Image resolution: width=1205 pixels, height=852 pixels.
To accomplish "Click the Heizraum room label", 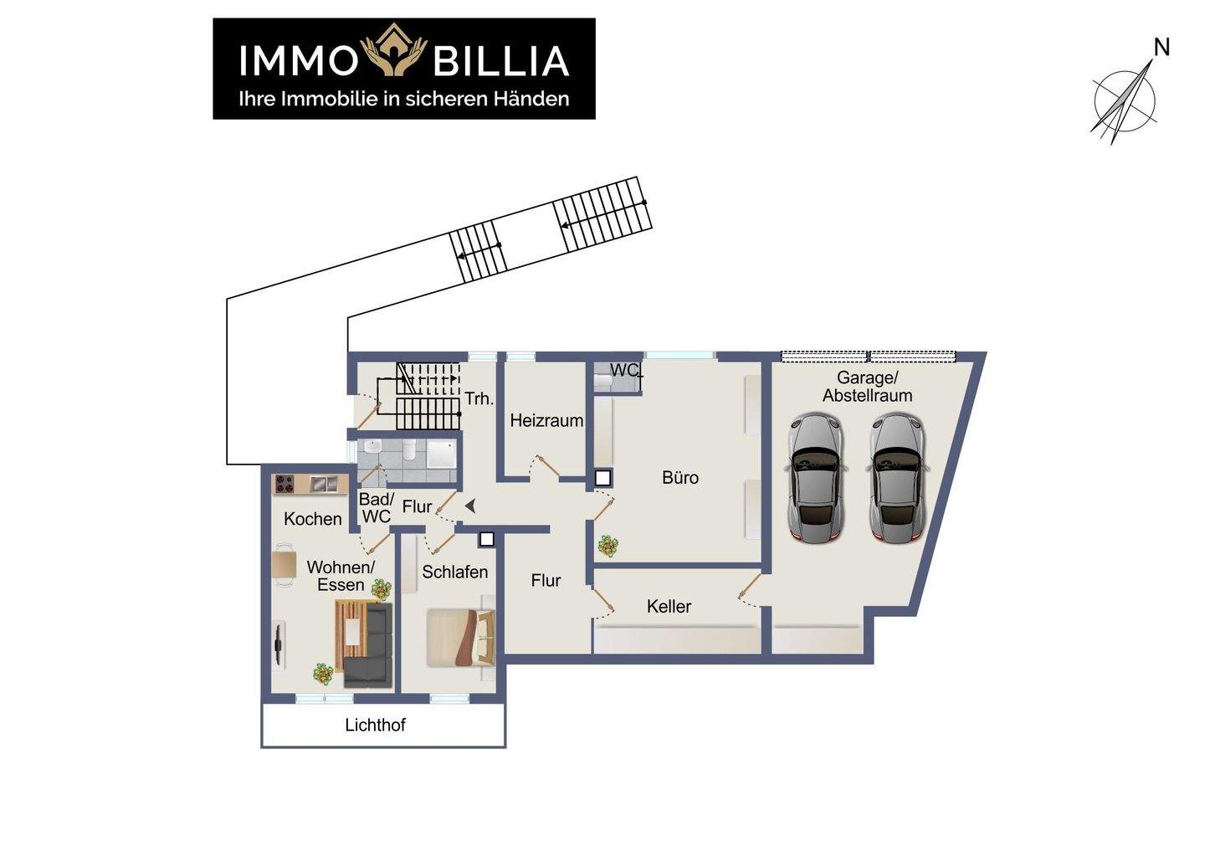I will (546, 421).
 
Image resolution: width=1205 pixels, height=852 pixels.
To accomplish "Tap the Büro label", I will (679, 478).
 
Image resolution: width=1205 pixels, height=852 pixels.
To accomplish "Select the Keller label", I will (669, 607).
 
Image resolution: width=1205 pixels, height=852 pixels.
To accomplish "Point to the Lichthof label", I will (375, 725).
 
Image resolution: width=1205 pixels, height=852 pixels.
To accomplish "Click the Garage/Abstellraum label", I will (867, 387).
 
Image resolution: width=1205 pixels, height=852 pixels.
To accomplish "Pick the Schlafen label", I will (454, 572).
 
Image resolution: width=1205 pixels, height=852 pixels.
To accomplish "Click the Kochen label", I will (312, 519).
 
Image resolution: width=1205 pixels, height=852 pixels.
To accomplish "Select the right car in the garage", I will (896, 478).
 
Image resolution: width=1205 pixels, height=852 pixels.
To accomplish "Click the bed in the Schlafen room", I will (459, 638).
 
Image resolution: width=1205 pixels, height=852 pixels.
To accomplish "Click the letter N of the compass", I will (1161, 49).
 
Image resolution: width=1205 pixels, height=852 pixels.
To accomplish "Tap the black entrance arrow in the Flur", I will (470, 506).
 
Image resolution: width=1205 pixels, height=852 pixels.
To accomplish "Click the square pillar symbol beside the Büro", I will (602, 479).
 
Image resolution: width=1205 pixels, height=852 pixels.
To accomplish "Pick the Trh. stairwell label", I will (479, 399).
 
